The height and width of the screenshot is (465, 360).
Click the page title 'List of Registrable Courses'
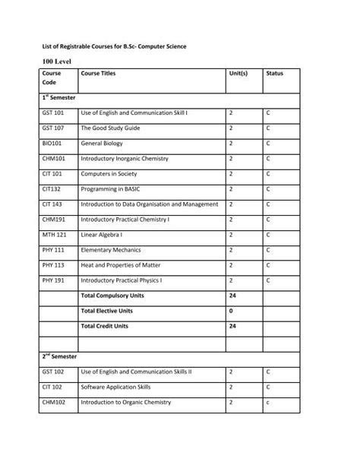click(x=114, y=47)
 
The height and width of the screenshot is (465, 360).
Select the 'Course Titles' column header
click(x=98, y=74)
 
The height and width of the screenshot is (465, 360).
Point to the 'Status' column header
click(x=274, y=74)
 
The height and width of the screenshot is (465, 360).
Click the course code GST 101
click(x=54, y=112)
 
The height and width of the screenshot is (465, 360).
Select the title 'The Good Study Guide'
click(x=110, y=128)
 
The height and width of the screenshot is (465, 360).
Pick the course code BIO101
click(x=52, y=143)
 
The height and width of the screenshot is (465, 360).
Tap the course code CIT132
click(x=52, y=188)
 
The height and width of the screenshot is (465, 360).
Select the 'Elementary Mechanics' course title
click(x=112, y=249)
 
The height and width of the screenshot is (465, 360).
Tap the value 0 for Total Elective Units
click(x=231, y=310)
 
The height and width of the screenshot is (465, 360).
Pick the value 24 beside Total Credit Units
click(x=232, y=325)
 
